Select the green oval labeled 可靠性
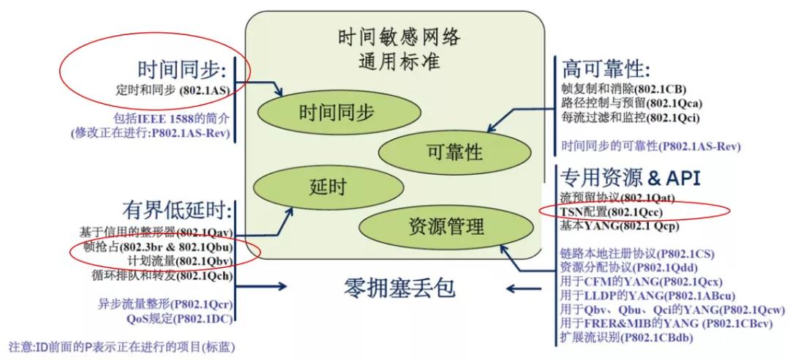pyautogui.click(x=453, y=151)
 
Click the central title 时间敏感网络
pyautogui.click(x=399, y=37)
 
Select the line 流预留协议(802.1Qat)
pyautogui.click(x=616, y=198)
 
